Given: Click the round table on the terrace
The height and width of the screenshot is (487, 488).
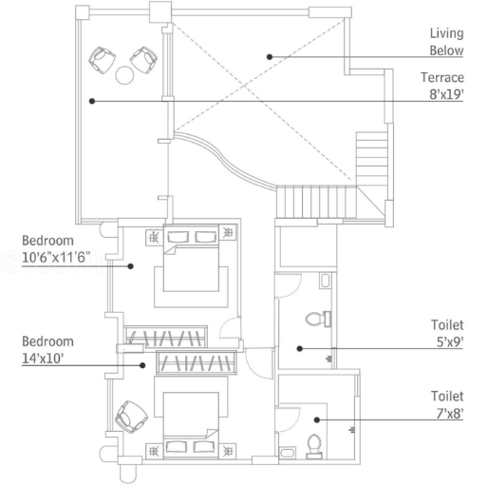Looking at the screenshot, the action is (124, 75).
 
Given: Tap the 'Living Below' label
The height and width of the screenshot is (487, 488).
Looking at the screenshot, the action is (446, 42).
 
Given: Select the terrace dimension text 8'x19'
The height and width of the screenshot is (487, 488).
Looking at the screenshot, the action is (446, 94).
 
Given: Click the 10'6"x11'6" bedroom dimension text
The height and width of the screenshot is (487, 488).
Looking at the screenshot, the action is (56, 257).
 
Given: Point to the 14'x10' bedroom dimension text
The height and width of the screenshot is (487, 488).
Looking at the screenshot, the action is (43, 359).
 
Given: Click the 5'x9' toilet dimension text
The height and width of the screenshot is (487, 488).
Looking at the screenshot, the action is (450, 341).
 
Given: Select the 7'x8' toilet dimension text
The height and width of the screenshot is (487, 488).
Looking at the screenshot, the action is (450, 413).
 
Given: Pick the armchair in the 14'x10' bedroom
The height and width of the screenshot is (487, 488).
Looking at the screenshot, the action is (131, 417).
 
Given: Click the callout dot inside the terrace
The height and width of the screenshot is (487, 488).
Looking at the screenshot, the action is (92, 101).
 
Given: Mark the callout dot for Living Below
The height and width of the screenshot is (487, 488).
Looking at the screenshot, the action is (270, 57).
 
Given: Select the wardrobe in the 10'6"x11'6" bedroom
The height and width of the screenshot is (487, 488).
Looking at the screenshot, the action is (165, 337).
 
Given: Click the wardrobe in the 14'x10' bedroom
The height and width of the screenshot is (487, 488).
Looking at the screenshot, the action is (197, 362).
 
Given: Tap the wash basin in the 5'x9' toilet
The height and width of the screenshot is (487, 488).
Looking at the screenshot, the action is (325, 281).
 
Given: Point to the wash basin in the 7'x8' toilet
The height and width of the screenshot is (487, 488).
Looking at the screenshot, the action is (288, 453).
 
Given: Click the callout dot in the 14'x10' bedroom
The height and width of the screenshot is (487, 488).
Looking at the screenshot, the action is (142, 365).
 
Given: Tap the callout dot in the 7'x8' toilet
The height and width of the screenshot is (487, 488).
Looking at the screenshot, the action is (317, 419).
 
